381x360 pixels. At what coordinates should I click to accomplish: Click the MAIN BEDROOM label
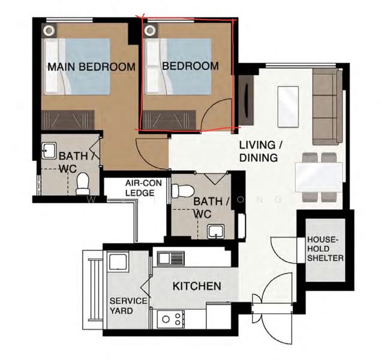pos(91,67)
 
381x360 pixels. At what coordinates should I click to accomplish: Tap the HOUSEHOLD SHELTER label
pos(325,249)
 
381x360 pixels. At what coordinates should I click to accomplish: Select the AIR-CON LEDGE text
pos(143,188)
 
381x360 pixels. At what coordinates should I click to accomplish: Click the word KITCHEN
pos(197,286)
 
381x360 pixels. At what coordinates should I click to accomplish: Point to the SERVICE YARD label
pos(128,306)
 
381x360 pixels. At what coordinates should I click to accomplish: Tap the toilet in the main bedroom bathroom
pos(83,184)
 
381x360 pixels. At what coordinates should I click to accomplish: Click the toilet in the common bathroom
pos(183,191)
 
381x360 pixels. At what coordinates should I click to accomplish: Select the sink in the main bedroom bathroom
pos(49,151)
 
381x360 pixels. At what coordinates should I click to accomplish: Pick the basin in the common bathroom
pos(216,232)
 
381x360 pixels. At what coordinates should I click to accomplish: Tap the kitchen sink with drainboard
pos(171,258)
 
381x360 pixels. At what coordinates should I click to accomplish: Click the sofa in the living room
pos(328,107)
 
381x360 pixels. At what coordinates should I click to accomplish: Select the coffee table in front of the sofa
pos(288,107)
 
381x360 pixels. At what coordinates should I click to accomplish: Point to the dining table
pos(319,178)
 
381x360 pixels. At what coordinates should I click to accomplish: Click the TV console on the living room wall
pos(246,100)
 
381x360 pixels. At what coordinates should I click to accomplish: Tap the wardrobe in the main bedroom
pos(68,120)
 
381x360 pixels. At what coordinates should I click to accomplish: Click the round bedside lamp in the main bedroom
pos(49,31)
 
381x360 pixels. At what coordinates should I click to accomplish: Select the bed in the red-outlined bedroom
pos(178,67)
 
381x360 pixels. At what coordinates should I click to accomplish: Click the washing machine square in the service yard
pos(118,262)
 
